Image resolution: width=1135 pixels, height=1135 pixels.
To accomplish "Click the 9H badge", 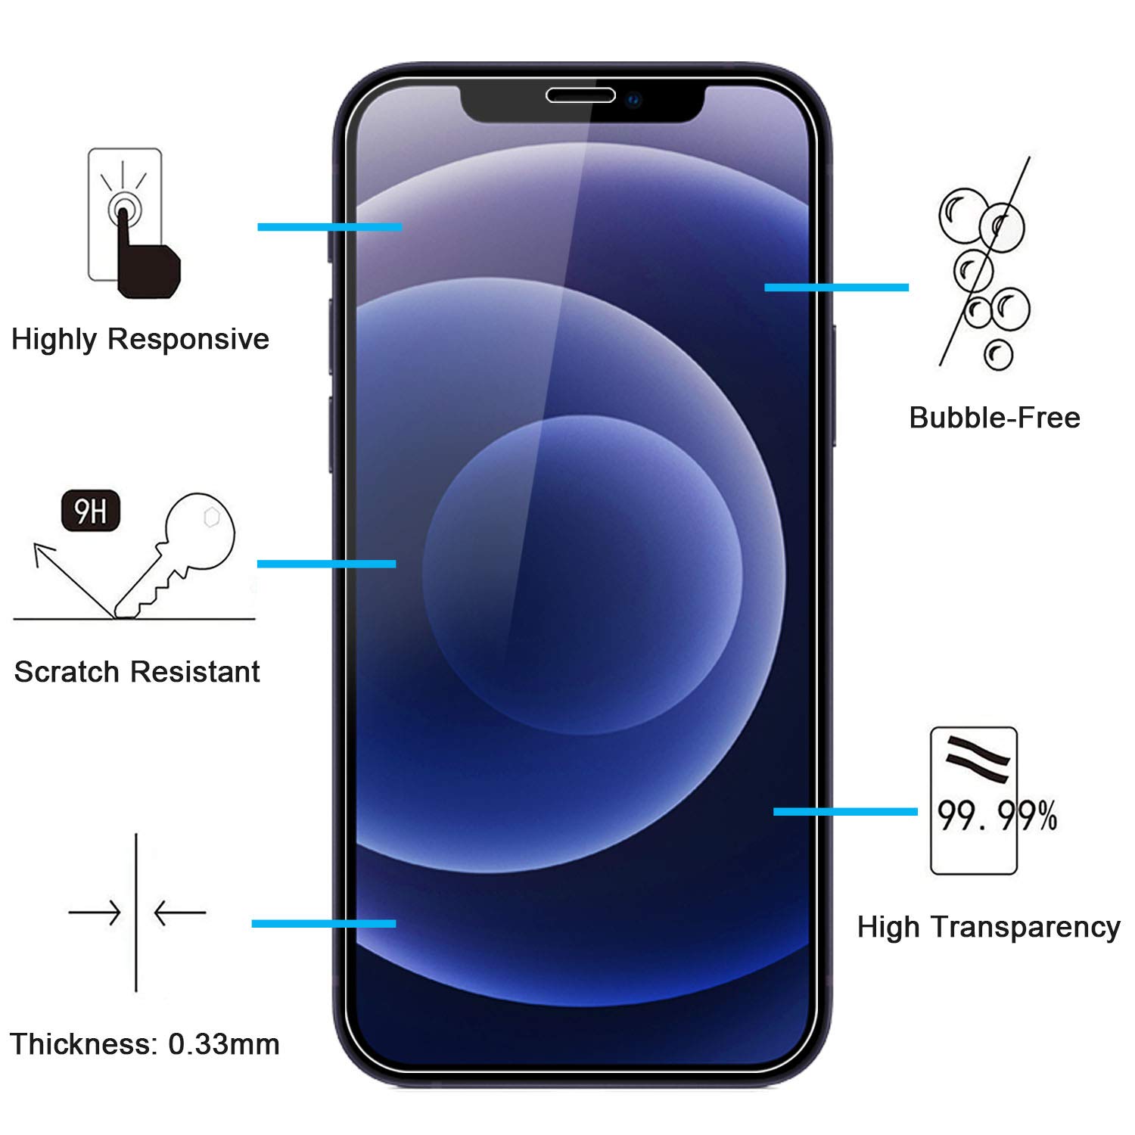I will coord(91,512).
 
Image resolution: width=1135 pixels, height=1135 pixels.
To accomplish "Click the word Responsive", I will coord(188,339).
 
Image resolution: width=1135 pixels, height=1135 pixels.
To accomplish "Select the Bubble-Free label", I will coord(994,418).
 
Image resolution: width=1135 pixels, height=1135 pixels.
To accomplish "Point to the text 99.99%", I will coord(997,815).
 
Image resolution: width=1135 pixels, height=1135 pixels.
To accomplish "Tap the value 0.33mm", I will coord(224,1044).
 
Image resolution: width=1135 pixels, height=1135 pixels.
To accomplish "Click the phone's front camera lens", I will coord(633,99).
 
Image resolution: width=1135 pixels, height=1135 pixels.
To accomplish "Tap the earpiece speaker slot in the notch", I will coord(580,95).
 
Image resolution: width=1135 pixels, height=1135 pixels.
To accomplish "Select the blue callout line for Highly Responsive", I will coord(329,227).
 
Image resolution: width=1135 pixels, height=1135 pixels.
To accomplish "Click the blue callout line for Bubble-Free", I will coord(836,288).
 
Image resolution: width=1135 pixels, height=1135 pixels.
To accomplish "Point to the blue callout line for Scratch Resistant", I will coord(326,564).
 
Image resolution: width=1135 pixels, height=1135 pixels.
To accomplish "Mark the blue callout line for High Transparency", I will coord(845,812).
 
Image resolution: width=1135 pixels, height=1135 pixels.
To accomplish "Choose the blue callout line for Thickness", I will coord(324,923).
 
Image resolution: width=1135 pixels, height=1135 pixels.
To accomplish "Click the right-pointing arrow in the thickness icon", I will coord(95,913).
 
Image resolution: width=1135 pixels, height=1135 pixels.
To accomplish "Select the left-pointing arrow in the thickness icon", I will coord(179,913).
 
